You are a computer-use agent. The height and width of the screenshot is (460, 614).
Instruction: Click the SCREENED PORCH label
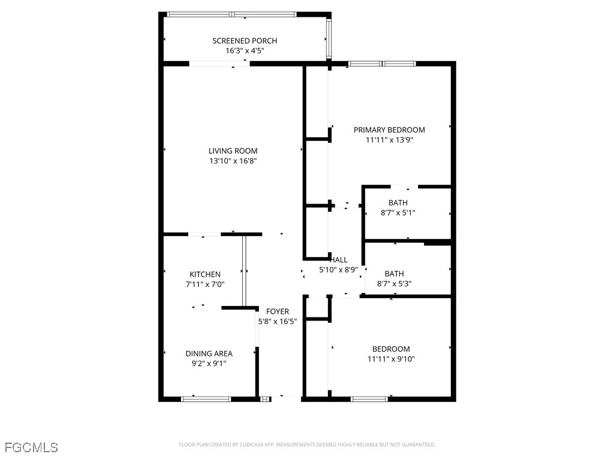[245, 41]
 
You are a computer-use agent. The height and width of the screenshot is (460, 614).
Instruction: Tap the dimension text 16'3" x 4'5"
[245, 51]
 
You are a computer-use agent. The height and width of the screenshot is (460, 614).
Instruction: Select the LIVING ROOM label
[233, 151]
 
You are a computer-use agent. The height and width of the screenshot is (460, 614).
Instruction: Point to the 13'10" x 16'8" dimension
[233, 161]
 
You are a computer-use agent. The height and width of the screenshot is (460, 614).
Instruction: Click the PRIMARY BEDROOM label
[389, 130]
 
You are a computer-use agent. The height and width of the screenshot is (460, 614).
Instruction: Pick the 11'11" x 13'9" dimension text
[390, 140]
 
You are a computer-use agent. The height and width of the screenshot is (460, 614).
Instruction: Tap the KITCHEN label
[205, 274]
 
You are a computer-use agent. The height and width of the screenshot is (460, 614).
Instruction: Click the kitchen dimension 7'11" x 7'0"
[205, 285]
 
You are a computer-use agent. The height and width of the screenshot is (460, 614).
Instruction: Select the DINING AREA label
[209, 353]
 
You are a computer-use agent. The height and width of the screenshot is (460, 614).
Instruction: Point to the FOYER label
[278, 311]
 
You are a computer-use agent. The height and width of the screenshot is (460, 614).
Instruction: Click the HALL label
[339, 260]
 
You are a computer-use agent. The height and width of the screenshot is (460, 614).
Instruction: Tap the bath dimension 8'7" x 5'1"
[398, 213]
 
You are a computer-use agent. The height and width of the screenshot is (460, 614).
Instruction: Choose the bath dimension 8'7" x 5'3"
[395, 283]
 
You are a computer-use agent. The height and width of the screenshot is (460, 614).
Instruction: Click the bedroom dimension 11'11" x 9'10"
[391, 359]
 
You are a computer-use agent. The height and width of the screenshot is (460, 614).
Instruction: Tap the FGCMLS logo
[31, 447]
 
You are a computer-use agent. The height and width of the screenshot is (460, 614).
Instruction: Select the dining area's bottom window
[206, 399]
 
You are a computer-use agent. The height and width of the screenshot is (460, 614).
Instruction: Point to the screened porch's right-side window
[329, 38]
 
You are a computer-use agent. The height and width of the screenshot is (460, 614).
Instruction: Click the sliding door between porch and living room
[219, 63]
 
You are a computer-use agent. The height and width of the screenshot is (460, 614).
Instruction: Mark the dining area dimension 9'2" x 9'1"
[209, 364]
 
